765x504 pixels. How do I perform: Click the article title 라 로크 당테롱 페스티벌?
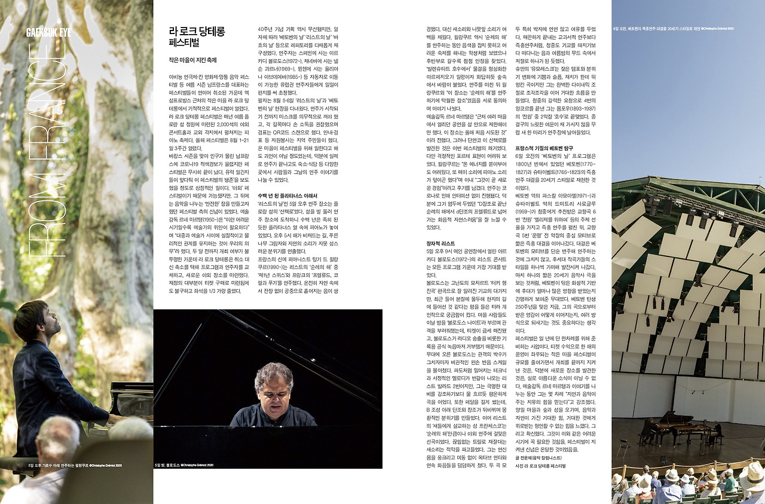click(x=197, y=36)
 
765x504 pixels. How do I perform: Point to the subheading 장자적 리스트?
click(x=439, y=244)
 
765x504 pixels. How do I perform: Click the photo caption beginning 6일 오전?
click(x=674, y=28)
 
